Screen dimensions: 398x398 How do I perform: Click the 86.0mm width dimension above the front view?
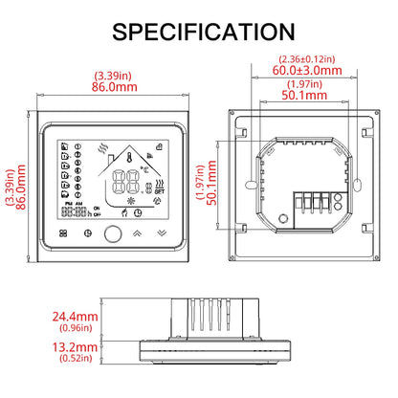[x=114, y=84]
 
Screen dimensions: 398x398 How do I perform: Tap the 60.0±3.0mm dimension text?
[x=306, y=69]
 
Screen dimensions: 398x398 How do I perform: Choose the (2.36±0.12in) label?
[x=306, y=57]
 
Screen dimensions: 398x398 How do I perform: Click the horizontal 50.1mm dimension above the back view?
[x=305, y=96]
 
